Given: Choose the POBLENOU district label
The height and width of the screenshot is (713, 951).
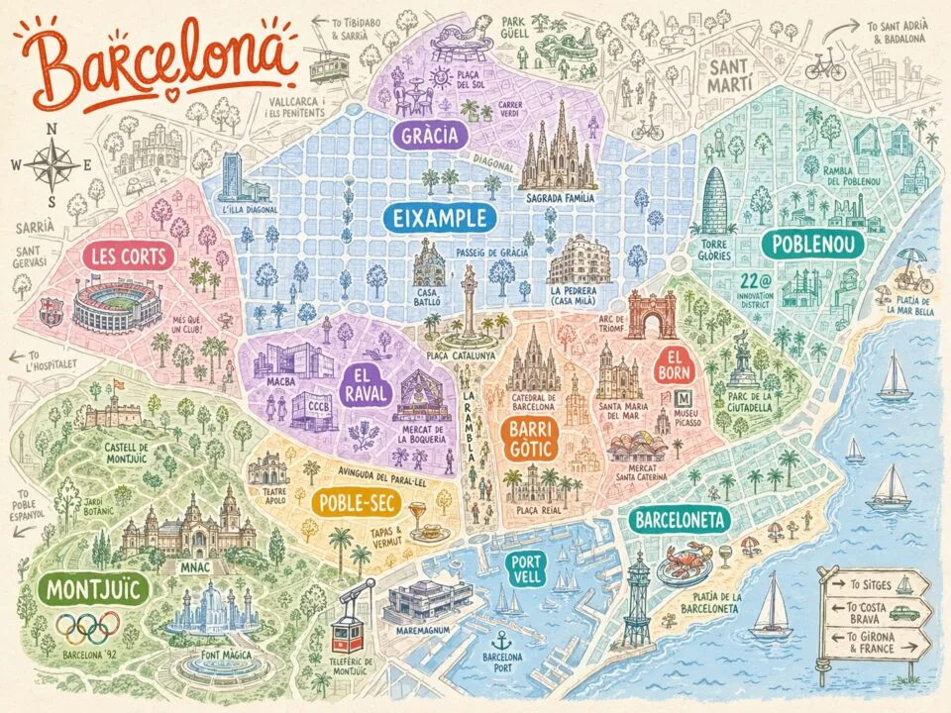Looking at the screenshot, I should pos(812,244).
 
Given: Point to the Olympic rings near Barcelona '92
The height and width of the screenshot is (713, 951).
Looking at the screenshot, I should pos(87,626).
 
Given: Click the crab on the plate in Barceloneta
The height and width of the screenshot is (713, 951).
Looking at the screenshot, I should pos(686,561).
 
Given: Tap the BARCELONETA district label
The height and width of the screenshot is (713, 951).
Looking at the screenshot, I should pos(682,519).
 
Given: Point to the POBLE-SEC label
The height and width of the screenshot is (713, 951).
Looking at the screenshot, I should pos(354,502).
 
